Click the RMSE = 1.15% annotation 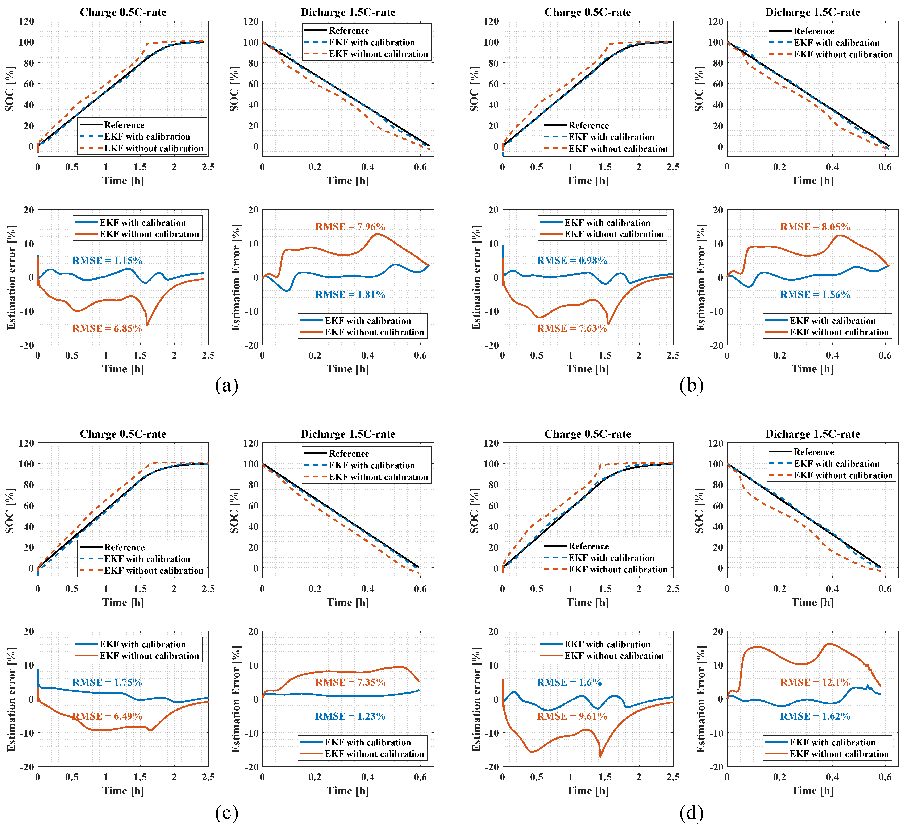107,261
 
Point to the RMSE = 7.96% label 350,227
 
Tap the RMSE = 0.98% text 572,261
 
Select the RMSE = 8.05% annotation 815,227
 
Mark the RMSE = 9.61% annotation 572,716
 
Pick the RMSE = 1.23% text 350,716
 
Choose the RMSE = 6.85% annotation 107,329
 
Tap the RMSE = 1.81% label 350,295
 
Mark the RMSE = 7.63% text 572,329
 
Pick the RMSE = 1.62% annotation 815,716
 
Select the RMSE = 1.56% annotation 815,295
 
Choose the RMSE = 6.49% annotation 107,716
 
